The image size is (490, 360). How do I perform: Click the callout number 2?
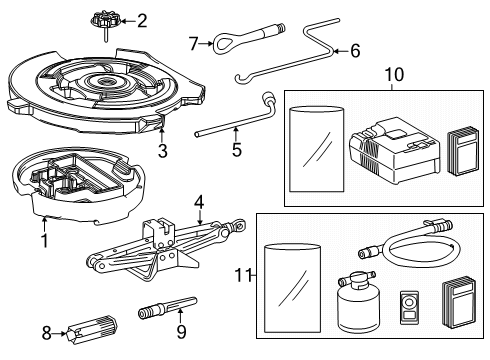[142, 19]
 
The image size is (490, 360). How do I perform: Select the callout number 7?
[194, 41]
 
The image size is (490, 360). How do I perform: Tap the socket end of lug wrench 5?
[268, 98]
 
